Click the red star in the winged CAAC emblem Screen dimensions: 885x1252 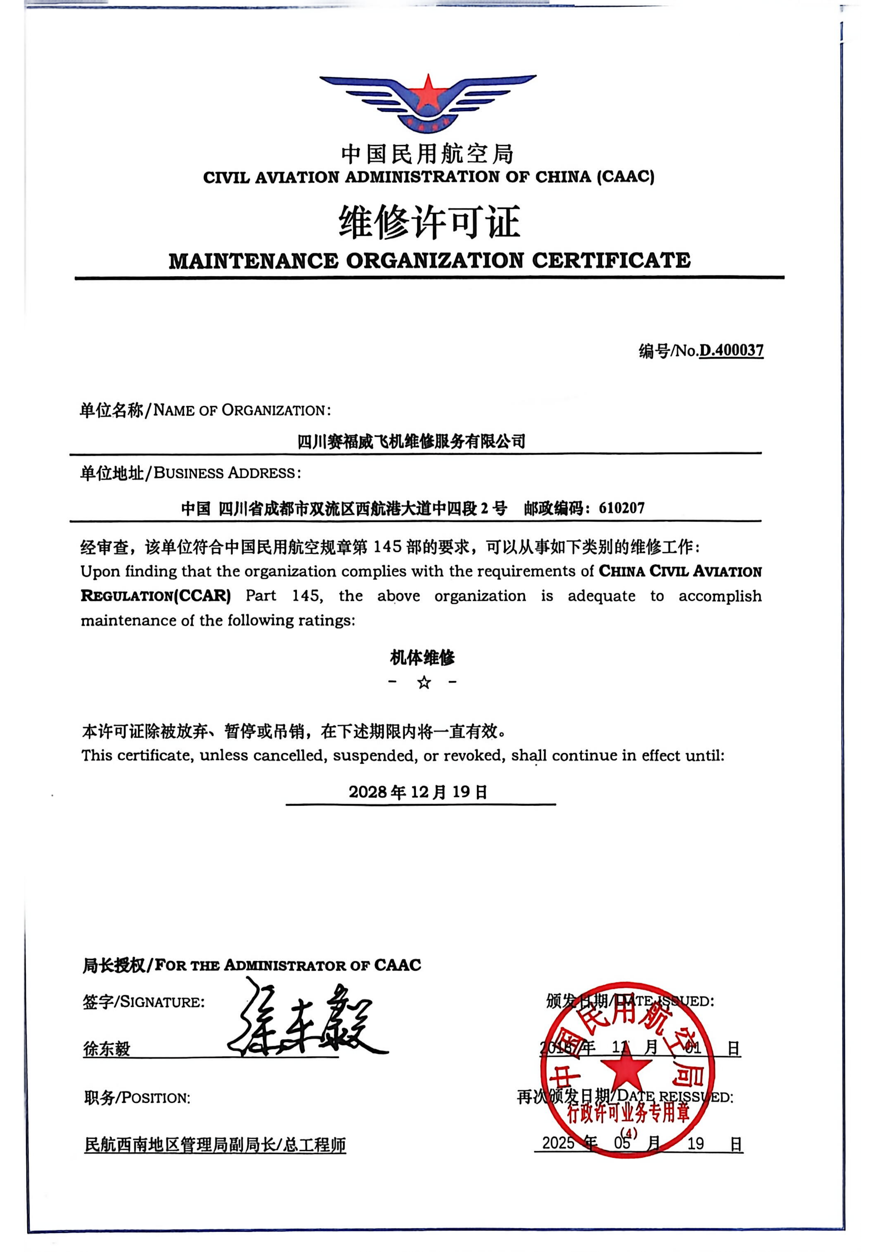pyautogui.click(x=428, y=94)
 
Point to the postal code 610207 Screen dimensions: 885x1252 pyautogui.click(x=622, y=508)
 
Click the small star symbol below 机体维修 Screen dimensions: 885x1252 pyautogui.click(x=424, y=682)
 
